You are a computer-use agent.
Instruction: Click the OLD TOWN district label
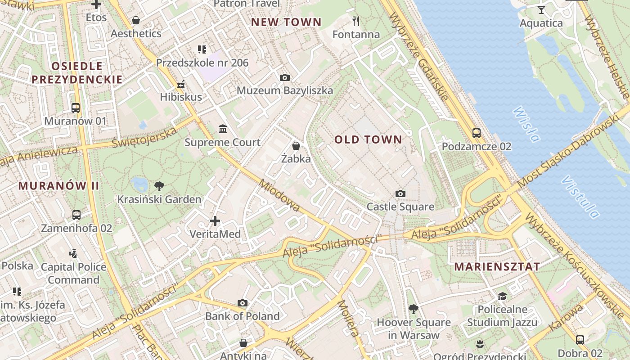pos(368,139)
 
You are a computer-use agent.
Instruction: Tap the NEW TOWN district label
pos(286,22)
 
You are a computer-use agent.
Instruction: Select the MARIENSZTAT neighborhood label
pos(497,266)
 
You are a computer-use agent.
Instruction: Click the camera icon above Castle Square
pos(400,194)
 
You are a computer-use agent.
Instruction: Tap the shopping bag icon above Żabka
pos(296,146)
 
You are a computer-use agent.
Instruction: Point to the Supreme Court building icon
pos(222,130)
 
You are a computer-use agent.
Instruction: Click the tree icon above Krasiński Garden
pos(159,186)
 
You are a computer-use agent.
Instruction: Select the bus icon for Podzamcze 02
pos(476,133)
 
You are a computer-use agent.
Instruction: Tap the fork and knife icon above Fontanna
pos(356,21)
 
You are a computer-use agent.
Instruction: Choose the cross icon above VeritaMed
pos(215,221)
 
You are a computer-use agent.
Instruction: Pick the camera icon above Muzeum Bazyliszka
pos(284,78)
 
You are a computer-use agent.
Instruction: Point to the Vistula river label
pos(580,197)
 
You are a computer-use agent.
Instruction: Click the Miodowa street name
pos(279,195)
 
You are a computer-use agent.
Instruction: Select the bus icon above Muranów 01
pos(76,108)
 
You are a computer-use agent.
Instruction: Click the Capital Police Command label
pos(73,273)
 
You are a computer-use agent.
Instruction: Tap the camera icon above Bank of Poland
pos(243,303)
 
